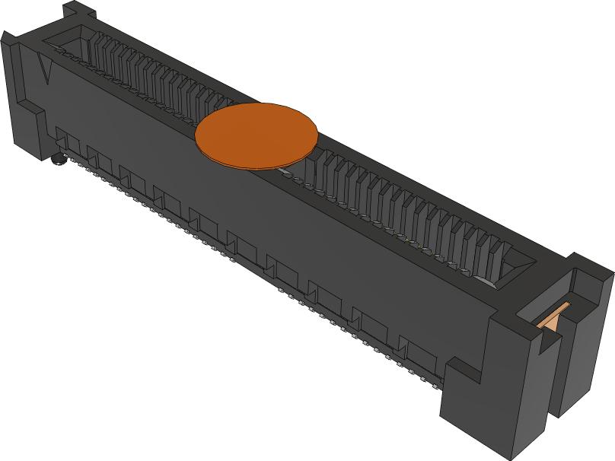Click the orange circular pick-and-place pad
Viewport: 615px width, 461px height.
pyautogui.click(x=256, y=134)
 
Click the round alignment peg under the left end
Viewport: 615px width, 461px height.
pyautogui.click(x=58, y=161)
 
